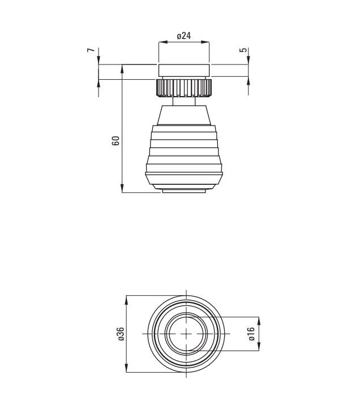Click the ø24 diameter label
coord(184,36)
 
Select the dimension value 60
coord(115,141)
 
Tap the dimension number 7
coord(91,50)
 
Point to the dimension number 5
coord(243,50)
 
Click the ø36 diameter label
coord(121,334)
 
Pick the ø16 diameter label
coord(251,334)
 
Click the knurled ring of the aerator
coord(183,88)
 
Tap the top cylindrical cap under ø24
coord(184,71)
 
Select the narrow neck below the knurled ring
coord(184,101)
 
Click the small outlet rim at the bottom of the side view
coord(184,191)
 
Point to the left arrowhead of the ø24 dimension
coord(162,42)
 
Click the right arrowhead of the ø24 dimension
coord(205,42)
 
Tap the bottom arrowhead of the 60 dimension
coord(122,188)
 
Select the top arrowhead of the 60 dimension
coord(122,69)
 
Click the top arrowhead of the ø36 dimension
coord(126,300)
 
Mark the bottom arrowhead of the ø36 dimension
coord(126,368)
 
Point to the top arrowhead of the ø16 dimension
coord(259,321)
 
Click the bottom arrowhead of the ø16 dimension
coord(259,347)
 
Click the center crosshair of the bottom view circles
coord(186,334)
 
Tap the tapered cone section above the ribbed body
coord(184,115)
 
